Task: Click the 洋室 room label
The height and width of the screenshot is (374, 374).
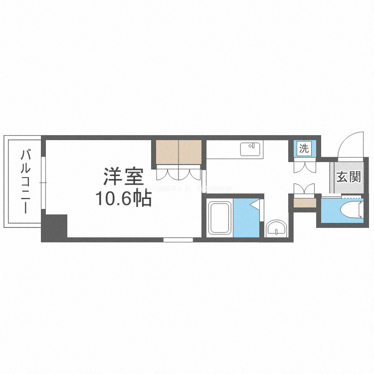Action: point(123,177)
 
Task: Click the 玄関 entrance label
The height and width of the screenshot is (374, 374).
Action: point(348,177)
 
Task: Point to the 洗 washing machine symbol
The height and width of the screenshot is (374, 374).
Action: point(304,148)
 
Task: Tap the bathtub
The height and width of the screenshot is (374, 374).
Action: point(219,218)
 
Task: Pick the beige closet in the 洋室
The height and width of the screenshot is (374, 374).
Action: point(179,152)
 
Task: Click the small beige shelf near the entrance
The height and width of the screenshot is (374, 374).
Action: point(305,202)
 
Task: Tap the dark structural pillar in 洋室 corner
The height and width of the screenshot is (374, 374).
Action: point(55,227)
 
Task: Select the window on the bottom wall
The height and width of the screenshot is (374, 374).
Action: point(178,240)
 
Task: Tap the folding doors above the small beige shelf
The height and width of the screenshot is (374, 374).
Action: point(304,189)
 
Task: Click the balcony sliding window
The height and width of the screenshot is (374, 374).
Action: point(43,182)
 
